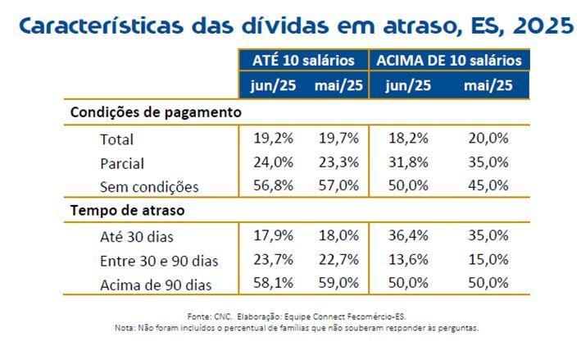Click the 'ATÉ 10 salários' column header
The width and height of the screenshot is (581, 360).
click(x=302, y=61)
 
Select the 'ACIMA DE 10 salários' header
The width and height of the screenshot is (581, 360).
click(x=450, y=61)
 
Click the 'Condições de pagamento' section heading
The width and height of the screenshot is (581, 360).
click(x=156, y=112)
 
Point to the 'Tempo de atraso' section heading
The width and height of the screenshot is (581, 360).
click(x=127, y=211)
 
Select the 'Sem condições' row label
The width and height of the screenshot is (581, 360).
click(x=148, y=186)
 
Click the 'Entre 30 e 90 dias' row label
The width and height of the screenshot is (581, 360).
click(x=158, y=261)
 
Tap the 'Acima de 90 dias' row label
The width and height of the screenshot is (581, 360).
click(x=154, y=285)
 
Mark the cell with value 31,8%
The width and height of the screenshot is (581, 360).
click(x=408, y=162)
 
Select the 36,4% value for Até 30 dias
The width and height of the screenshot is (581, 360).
click(x=408, y=236)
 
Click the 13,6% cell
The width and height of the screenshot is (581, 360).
click(x=408, y=260)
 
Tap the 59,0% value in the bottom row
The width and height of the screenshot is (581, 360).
click(x=338, y=284)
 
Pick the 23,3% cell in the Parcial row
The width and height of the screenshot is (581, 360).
click(x=338, y=162)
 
